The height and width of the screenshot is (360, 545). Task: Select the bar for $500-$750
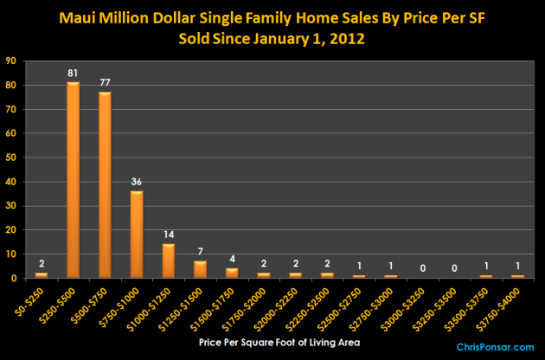[x=104, y=185]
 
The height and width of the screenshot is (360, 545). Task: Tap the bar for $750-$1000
[x=136, y=235]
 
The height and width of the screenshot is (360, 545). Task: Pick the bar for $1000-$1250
[x=167, y=261]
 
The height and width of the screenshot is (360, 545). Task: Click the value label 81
[x=73, y=74]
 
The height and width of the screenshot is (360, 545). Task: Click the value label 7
[x=199, y=253]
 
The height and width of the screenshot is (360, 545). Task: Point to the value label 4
[x=230, y=260]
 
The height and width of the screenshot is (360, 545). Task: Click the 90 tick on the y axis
[x=10, y=61]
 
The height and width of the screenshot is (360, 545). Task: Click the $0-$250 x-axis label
[x=33, y=299]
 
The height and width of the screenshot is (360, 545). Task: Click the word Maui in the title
[x=125, y=16]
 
